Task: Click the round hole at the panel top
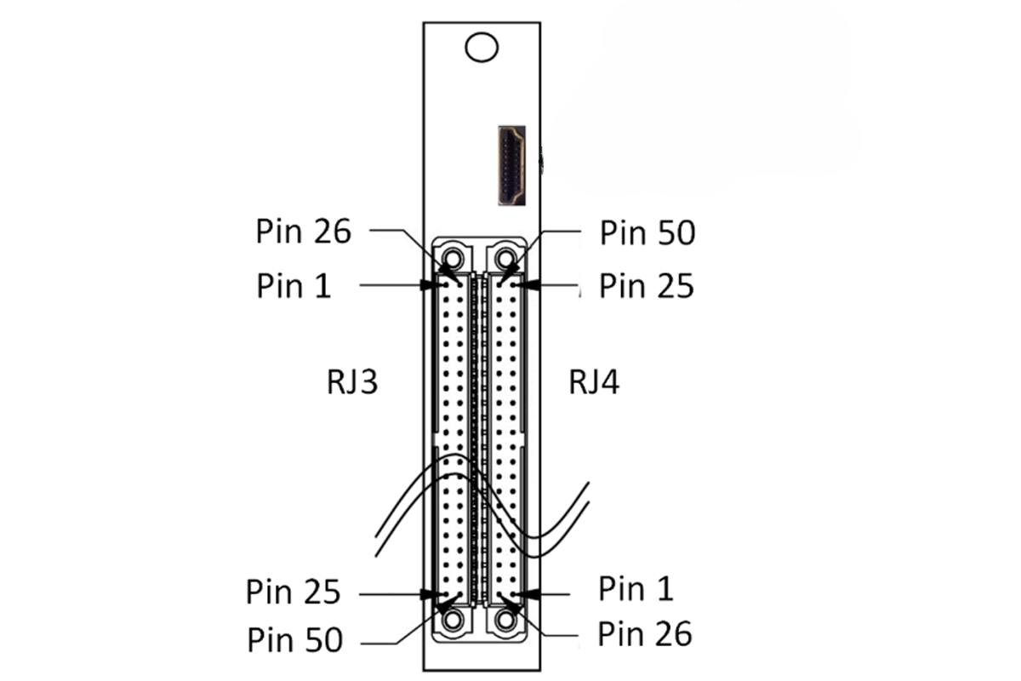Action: point(482,47)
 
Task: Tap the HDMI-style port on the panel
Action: point(512,166)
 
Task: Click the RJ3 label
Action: point(352,382)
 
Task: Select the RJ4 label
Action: point(594,382)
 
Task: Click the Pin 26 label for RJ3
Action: point(304,231)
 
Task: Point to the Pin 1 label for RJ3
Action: point(294,285)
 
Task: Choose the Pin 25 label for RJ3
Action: point(293,592)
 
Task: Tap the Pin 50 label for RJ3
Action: point(295,639)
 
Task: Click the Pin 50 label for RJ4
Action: point(647,232)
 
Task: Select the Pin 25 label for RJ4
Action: point(647,285)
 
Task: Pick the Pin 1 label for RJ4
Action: point(636,588)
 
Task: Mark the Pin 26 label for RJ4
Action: point(645,633)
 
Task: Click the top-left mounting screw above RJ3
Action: point(453,259)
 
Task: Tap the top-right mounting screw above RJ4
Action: point(506,259)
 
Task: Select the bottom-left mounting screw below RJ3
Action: point(453,620)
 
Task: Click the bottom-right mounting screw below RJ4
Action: point(506,620)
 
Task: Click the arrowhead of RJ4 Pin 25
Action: point(528,285)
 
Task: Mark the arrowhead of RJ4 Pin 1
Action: point(528,594)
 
